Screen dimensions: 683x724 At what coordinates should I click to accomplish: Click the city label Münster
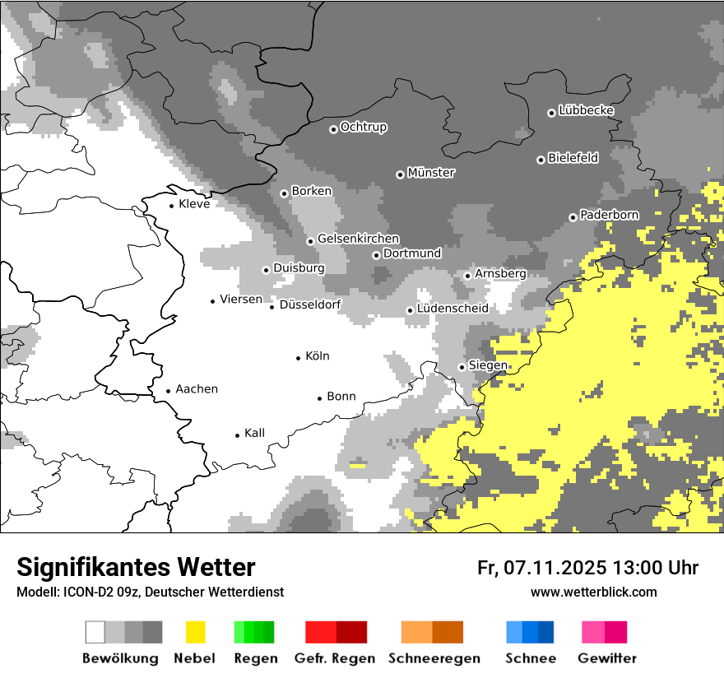[x=431, y=173]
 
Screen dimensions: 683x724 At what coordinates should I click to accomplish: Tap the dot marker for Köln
[x=299, y=357]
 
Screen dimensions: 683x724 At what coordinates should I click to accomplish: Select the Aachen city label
[x=197, y=389]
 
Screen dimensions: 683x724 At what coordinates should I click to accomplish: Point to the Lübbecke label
[x=586, y=110]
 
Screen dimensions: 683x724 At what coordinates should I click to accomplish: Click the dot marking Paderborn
[x=573, y=217]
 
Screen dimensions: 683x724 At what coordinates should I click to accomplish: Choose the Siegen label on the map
[x=488, y=365]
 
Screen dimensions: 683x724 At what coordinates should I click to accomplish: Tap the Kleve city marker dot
[x=171, y=206]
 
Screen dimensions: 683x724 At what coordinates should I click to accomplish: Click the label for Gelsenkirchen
[x=358, y=239]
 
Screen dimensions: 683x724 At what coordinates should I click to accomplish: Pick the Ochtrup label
[x=363, y=127]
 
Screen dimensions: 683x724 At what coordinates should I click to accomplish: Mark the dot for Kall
[x=238, y=434]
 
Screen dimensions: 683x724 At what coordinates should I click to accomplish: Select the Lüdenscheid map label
[x=452, y=309]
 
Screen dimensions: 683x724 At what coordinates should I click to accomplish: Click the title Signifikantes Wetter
[x=136, y=567]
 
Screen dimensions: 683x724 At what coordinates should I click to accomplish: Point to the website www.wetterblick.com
[x=593, y=592]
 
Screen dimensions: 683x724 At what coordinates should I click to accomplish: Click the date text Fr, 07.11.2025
[x=541, y=568]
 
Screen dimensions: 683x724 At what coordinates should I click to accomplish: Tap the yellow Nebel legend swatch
[x=195, y=632]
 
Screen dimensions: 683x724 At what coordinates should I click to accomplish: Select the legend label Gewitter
[x=606, y=658]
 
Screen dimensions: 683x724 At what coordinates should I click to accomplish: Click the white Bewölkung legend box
[x=95, y=632]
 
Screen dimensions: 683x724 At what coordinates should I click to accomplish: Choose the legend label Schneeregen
[x=434, y=658]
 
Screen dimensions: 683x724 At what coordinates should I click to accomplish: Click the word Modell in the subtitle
[x=36, y=592]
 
